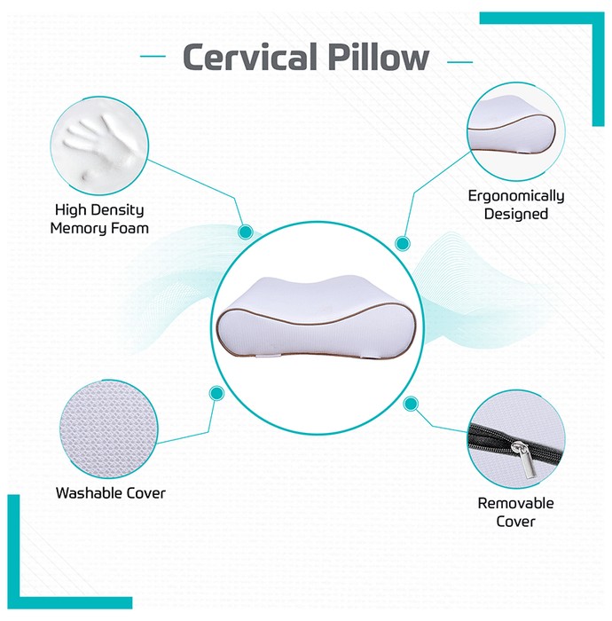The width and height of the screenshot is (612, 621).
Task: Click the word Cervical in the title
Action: click(x=250, y=57)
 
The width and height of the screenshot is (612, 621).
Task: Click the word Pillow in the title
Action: click(x=379, y=57)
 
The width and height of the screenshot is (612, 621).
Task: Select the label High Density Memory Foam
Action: click(x=99, y=219)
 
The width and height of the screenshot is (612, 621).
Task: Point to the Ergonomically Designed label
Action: click(x=516, y=205)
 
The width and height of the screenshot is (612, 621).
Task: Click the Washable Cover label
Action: click(x=111, y=493)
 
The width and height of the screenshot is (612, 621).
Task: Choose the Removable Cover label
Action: click(x=515, y=512)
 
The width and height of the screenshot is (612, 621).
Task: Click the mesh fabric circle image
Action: click(x=109, y=428)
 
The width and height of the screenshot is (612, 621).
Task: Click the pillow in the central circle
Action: click(x=317, y=317)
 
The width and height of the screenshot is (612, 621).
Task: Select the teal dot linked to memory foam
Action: click(x=246, y=232)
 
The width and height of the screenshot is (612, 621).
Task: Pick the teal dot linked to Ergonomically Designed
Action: click(x=402, y=243)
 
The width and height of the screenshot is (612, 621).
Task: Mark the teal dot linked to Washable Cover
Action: click(x=216, y=393)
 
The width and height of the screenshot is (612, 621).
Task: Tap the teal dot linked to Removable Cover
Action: click(x=411, y=404)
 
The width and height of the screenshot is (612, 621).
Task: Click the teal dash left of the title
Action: click(x=153, y=56)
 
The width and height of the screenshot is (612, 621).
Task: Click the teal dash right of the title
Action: click(x=459, y=62)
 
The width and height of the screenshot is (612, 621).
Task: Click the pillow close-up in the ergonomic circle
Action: click(x=512, y=127)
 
